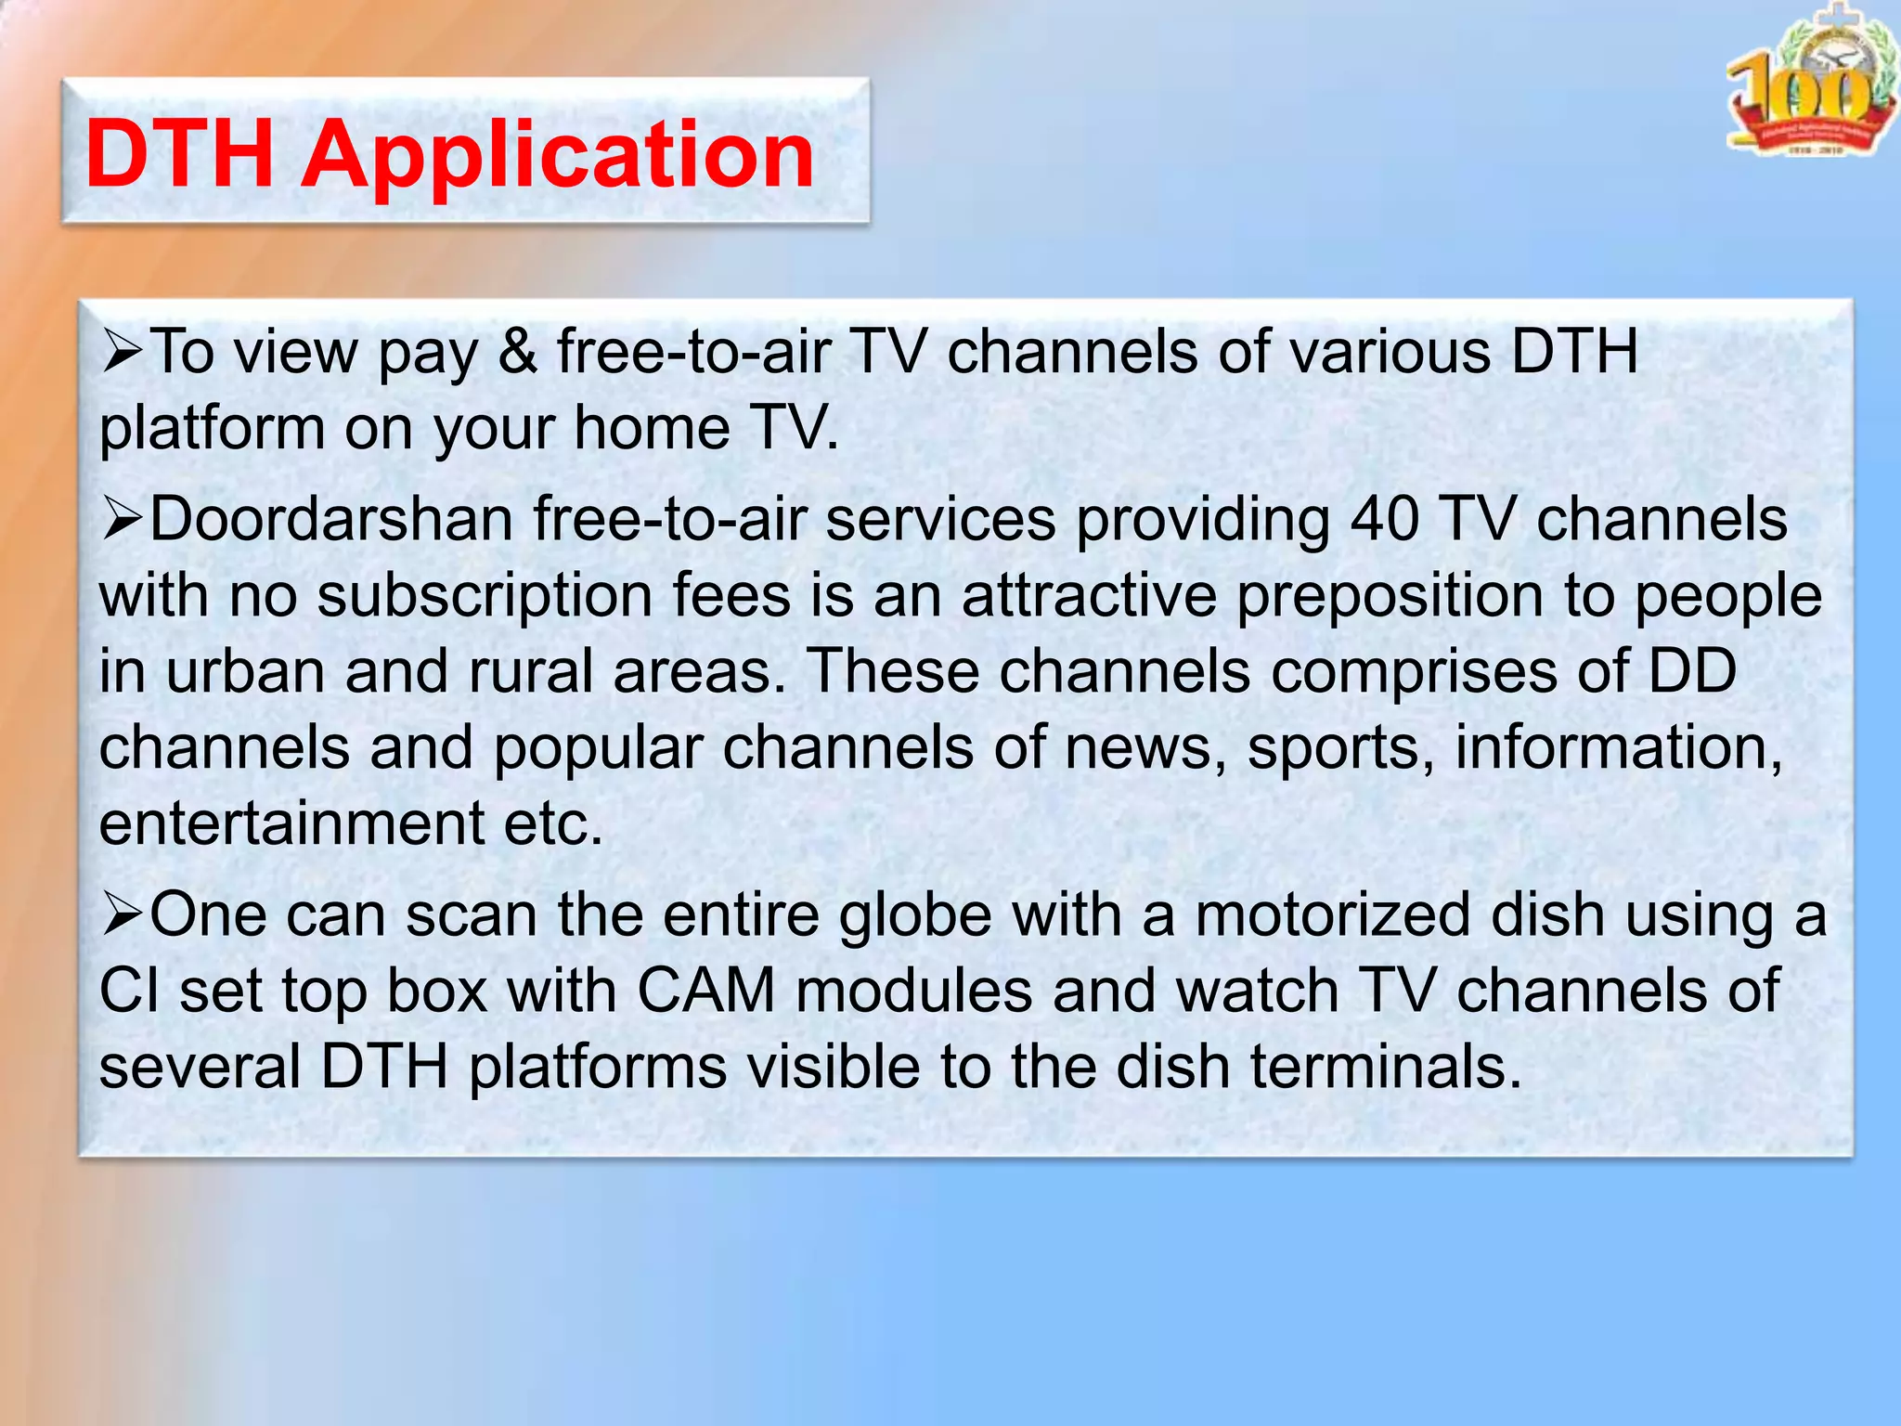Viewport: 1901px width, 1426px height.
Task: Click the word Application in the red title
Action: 557,155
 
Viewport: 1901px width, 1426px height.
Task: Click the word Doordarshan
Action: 331,519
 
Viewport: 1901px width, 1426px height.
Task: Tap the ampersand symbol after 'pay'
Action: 517,353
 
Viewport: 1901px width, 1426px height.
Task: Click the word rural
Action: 530,670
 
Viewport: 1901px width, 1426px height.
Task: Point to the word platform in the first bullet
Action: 212,430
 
